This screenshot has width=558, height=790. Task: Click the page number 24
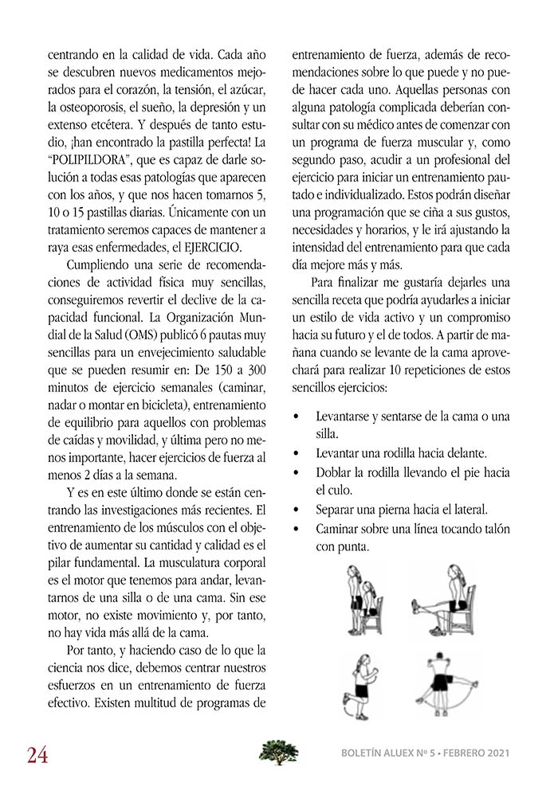tap(37, 754)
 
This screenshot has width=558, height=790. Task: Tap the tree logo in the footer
tap(279, 752)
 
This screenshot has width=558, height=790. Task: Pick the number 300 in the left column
tap(254, 367)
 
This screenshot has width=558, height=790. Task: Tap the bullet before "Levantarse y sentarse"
tap(297, 417)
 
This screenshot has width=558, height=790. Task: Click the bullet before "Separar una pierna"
tap(297, 510)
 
